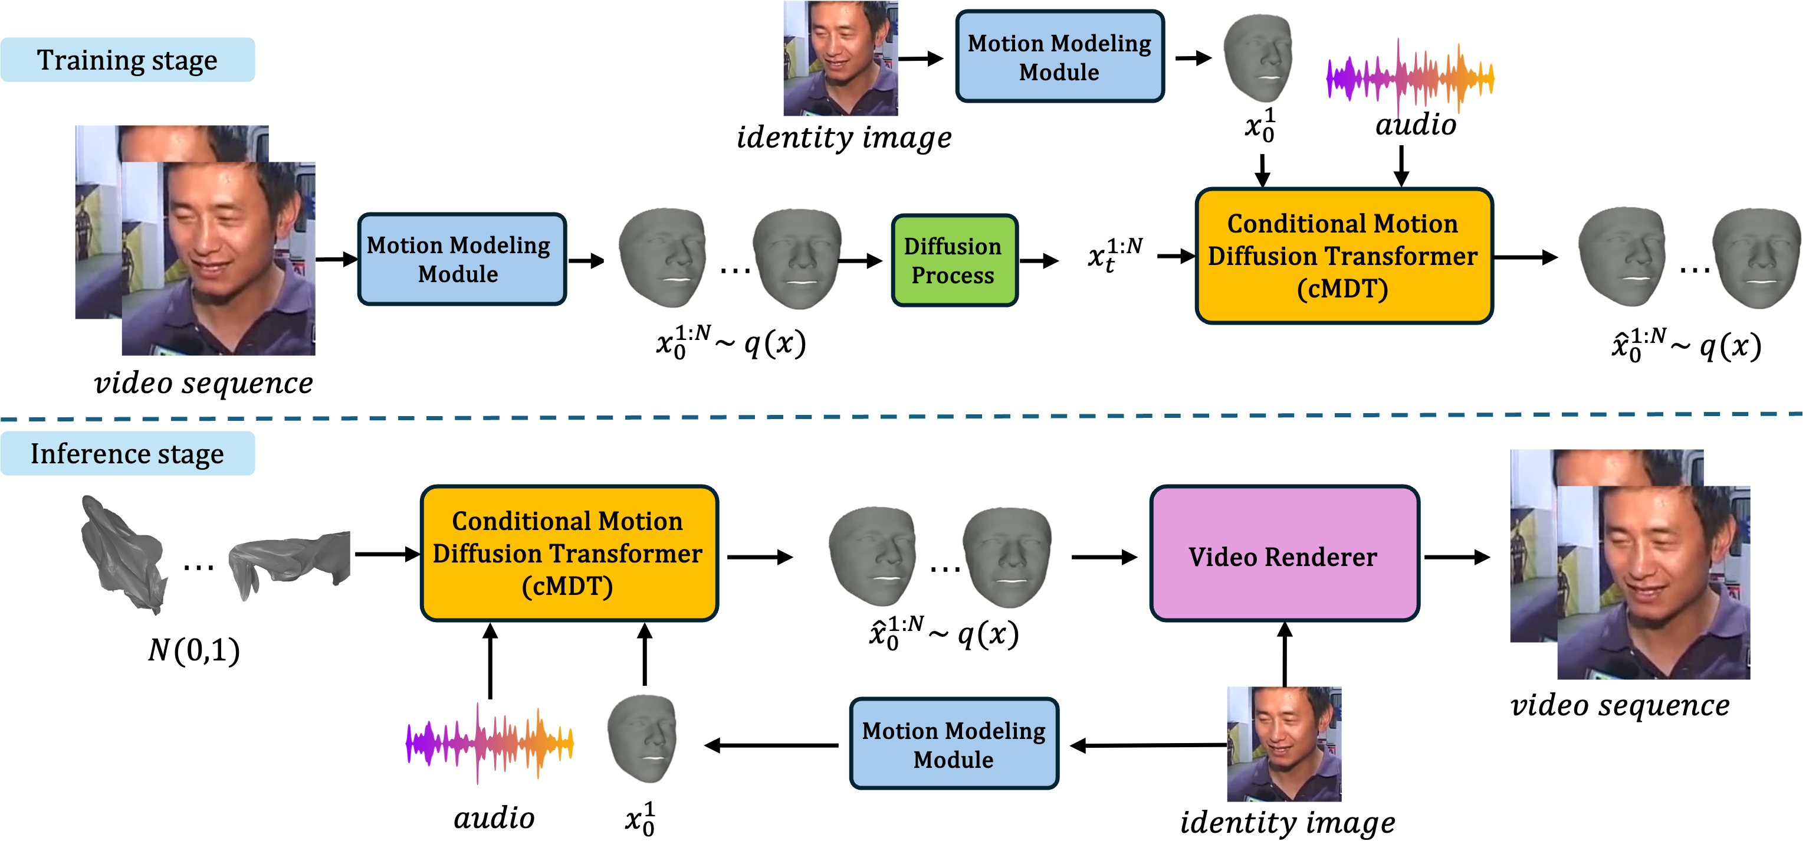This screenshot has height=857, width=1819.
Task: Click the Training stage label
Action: coord(127,60)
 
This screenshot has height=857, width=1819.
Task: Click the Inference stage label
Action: coord(127,453)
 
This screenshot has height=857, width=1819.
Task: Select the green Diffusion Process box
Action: coord(953,260)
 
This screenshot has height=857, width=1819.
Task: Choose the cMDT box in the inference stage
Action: coord(569,553)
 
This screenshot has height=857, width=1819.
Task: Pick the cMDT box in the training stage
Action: coord(1343,256)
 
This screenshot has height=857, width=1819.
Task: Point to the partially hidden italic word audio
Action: coord(1416,119)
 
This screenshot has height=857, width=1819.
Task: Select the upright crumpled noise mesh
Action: coord(120,558)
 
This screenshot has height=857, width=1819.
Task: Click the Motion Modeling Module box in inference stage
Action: coord(953,744)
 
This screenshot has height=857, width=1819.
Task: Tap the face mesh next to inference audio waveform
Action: coord(642,738)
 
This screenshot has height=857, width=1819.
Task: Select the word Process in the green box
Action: coord(953,276)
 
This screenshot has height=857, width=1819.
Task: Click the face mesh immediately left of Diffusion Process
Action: coord(796,257)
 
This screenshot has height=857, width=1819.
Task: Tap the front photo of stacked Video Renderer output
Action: coord(1654,583)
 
